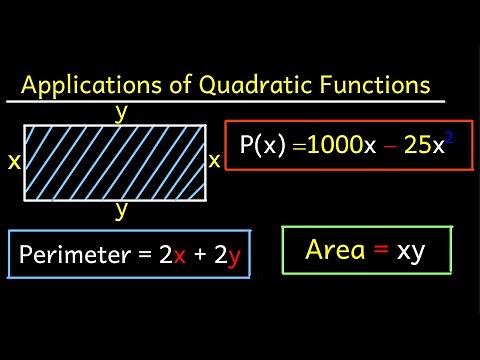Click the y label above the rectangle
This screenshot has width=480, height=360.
tap(121, 112)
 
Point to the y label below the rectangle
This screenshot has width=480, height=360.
tap(121, 210)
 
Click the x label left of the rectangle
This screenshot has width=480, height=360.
tap(13, 160)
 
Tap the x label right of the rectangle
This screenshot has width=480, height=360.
tap(214, 160)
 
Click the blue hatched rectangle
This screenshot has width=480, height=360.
tap(114, 160)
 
